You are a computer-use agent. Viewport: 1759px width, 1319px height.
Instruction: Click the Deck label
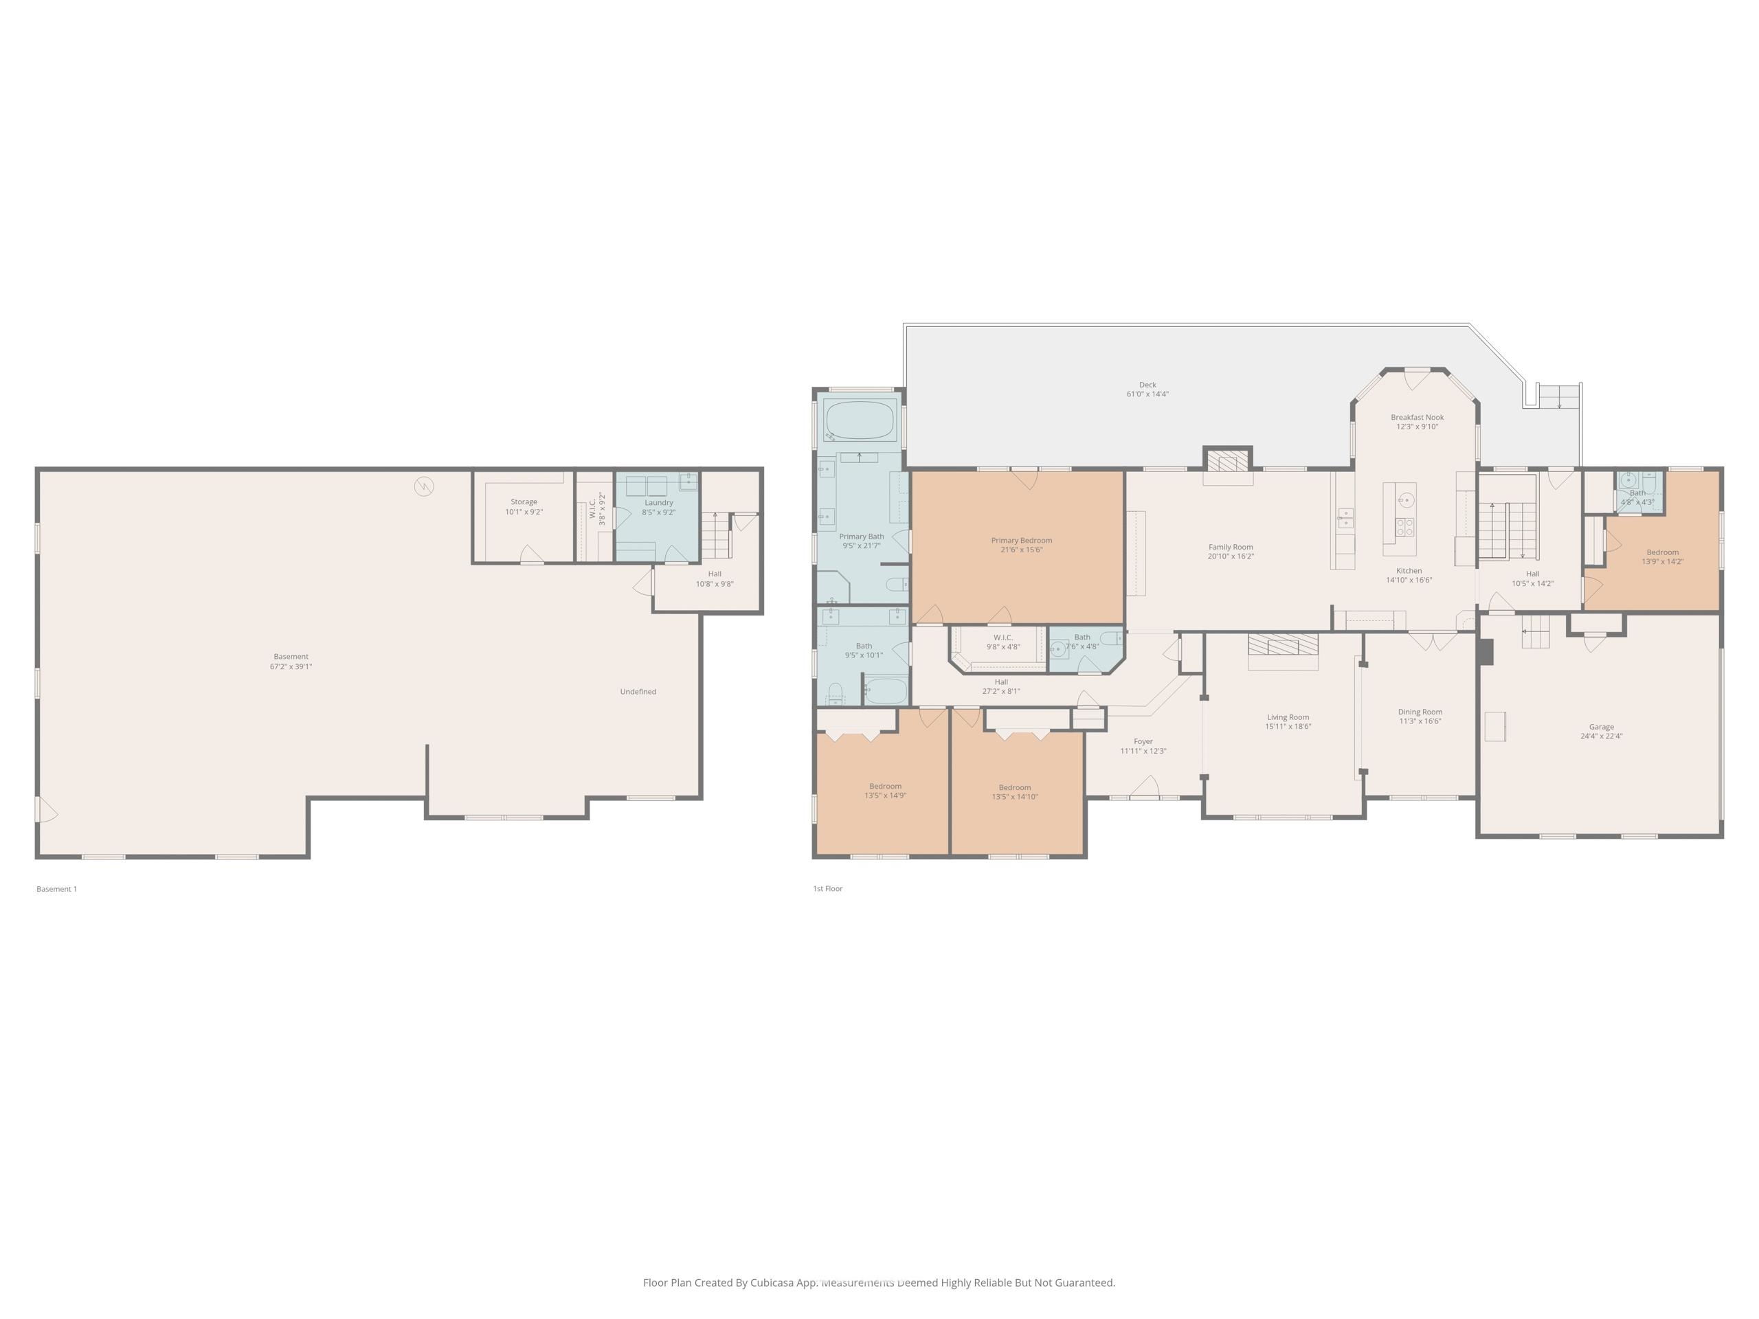(x=1147, y=385)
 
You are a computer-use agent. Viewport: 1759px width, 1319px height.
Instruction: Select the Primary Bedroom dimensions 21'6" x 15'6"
(x=1021, y=550)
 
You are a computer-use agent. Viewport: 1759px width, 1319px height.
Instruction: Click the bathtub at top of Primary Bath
(x=860, y=420)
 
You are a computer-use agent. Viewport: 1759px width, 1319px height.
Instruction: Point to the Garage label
(x=1601, y=727)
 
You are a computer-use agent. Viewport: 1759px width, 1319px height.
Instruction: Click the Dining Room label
(x=1420, y=712)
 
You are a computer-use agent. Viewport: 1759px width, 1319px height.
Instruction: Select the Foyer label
(x=1143, y=741)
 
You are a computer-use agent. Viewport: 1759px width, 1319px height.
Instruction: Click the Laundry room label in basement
(x=658, y=502)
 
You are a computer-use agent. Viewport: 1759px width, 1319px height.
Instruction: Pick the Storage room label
(x=524, y=501)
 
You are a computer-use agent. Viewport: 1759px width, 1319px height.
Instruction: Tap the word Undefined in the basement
(x=638, y=692)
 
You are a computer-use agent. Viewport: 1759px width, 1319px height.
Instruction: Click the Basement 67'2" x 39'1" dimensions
(x=291, y=667)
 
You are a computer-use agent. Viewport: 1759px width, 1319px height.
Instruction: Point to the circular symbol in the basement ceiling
(x=424, y=486)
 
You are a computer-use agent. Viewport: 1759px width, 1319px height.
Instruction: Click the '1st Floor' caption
(x=827, y=889)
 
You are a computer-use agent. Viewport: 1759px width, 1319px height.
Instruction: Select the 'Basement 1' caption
(x=56, y=889)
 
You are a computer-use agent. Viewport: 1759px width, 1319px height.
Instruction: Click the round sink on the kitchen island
(x=1406, y=500)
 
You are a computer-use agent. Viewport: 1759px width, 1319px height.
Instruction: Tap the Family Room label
(x=1230, y=547)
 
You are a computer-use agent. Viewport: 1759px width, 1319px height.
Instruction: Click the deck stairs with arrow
(x=1558, y=396)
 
